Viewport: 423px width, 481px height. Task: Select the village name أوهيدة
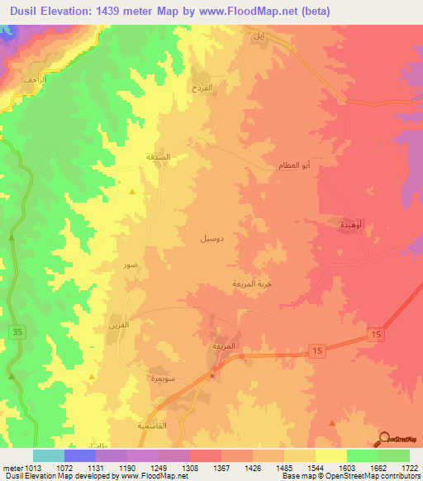coord(353,224)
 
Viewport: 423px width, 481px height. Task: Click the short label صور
coord(131,266)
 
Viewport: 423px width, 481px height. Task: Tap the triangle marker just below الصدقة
coord(132,192)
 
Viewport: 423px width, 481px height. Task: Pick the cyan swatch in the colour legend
coord(49,455)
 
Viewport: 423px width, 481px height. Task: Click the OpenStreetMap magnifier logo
coord(385,438)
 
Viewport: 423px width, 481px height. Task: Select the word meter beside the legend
coord(11,468)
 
